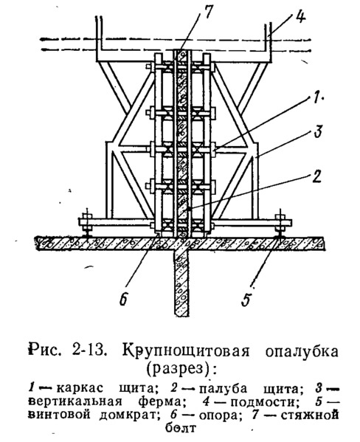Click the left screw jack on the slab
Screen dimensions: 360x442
click(x=86, y=222)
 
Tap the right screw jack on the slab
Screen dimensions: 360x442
click(x=281, y=223)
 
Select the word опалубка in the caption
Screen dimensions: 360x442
click(x=302, y=351)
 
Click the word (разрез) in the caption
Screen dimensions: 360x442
click(x=179, y=368)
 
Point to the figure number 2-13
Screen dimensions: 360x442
click(x=89, y=351)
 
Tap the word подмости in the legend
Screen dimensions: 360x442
click(x=264, y=402)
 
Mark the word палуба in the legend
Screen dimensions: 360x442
click(x=224, y=389)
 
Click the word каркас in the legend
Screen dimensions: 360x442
click(x=80, y=388)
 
